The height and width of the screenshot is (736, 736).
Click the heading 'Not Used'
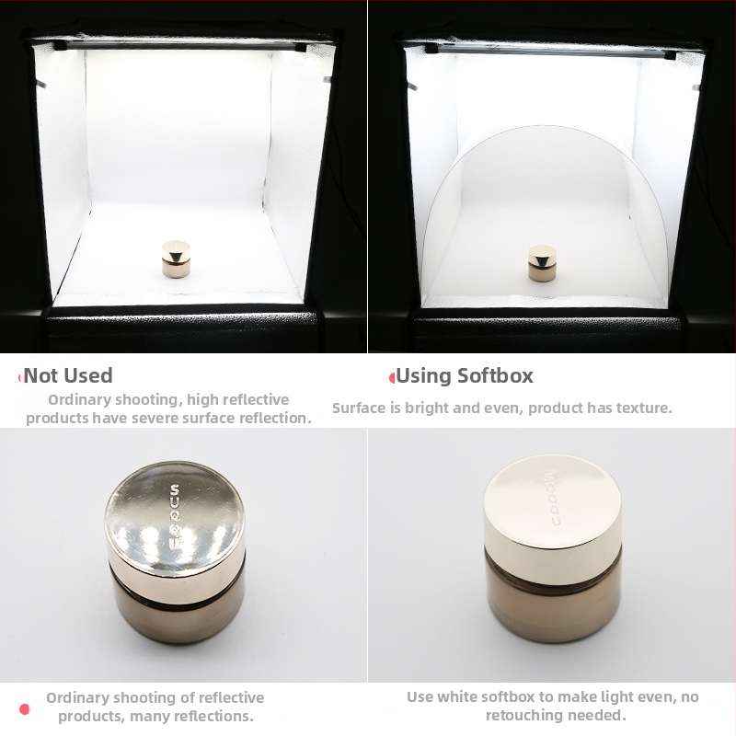(68, 375)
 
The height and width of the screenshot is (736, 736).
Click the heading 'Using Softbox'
(465, 375)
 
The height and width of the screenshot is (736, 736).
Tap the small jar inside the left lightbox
(176, 259)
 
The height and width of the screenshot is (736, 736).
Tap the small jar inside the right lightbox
(542, 263)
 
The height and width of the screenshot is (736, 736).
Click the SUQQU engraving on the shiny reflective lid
(174, 516)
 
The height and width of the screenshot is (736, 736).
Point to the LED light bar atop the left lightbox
(180, 46)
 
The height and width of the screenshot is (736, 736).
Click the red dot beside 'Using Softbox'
(392, 378)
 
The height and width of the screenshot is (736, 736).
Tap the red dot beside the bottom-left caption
(25, 708)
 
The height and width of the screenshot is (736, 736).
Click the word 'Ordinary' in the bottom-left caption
(76, 698)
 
